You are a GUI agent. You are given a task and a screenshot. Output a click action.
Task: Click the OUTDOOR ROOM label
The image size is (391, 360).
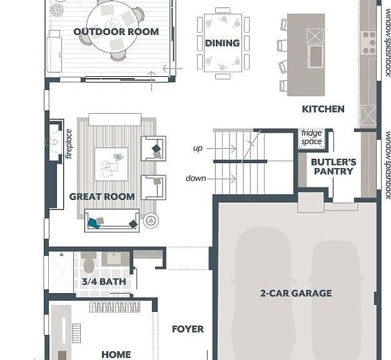[x=116, y=32]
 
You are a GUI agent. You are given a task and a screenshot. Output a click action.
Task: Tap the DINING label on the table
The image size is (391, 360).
[x=222, y=43]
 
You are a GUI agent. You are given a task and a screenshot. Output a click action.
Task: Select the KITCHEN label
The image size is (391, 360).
[x=323, y=109]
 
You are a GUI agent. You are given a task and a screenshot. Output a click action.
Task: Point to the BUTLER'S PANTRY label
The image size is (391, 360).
[x=333, y=167]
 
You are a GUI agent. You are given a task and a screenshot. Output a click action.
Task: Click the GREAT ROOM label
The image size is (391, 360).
[x=102, y=197]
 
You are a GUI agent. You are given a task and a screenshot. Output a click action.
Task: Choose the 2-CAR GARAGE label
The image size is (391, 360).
[x=296, y=293]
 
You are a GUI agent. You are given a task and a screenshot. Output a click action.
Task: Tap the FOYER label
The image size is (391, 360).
[x=188, y=329]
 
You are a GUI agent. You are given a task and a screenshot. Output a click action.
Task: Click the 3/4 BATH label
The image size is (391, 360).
[x=104, y=282]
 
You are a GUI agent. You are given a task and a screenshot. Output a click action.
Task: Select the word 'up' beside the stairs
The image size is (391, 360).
[x=198, y=149]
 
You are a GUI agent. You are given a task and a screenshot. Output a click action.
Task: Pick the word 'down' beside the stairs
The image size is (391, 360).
[x=196, y=178]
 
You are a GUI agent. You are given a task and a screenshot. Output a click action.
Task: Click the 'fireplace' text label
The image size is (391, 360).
[x=69, y=144]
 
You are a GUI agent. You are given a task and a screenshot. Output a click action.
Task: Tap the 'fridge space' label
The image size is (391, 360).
[x=312, y=137]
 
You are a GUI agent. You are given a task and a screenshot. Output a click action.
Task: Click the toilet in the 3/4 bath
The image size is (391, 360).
[x=89, y=263]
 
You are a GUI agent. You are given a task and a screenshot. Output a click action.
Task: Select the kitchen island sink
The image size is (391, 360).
[x=316, y=56]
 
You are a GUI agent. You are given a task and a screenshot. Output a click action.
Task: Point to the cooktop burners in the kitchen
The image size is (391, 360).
[x=369, y=42]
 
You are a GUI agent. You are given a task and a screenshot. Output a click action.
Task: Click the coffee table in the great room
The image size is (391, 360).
[x=111, y=164]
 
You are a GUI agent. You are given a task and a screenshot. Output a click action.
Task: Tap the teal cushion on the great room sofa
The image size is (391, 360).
[x=94, y=223]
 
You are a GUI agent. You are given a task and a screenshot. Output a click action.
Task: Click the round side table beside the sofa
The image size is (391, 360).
[x=151, y=221]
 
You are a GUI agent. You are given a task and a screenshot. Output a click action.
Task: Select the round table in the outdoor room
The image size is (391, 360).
[x=112, y=26]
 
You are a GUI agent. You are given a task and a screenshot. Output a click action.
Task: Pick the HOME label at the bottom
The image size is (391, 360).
[x=116, y=354]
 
